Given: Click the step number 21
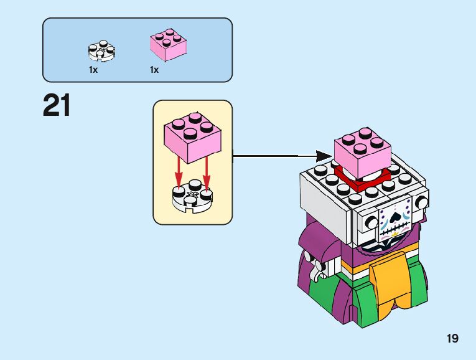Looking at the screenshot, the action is point(57,106).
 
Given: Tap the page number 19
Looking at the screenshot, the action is point(452,339).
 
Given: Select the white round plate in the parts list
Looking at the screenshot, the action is point(102,52).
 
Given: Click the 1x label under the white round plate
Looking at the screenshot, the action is point(93,70).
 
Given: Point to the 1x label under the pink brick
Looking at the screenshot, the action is point(154,70).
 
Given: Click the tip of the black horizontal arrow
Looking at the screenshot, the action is point(330,156).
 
